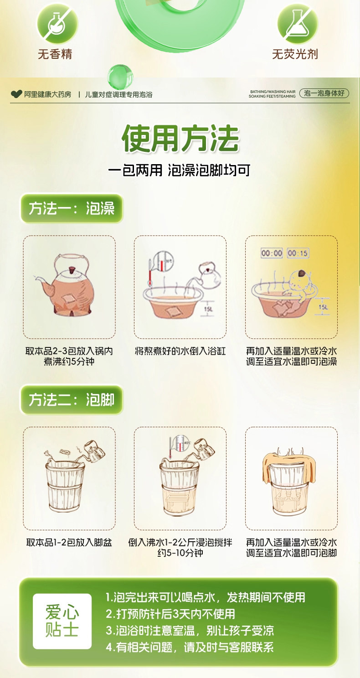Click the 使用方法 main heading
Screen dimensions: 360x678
click(180, 138)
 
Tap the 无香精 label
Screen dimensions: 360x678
click(55, 54)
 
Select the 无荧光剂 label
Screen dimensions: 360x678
click(295, 54)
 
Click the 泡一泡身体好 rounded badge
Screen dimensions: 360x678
click(324, 93)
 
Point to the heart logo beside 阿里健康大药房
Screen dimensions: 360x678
click(16, 94)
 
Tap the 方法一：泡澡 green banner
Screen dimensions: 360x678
click(72, 208)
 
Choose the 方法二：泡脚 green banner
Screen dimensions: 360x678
click(72, 400)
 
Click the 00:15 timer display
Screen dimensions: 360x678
click(298, 253)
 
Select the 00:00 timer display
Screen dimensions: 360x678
click(272, 253)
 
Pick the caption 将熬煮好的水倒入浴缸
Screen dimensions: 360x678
click(180, 351)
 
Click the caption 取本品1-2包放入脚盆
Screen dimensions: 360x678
click(69, 543)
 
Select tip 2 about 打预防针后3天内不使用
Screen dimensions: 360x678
click(170, 614)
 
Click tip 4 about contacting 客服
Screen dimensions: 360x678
click(190, 647)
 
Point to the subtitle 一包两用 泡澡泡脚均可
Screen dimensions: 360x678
click(180, 170)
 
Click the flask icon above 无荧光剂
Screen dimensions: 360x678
click(298, 24)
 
